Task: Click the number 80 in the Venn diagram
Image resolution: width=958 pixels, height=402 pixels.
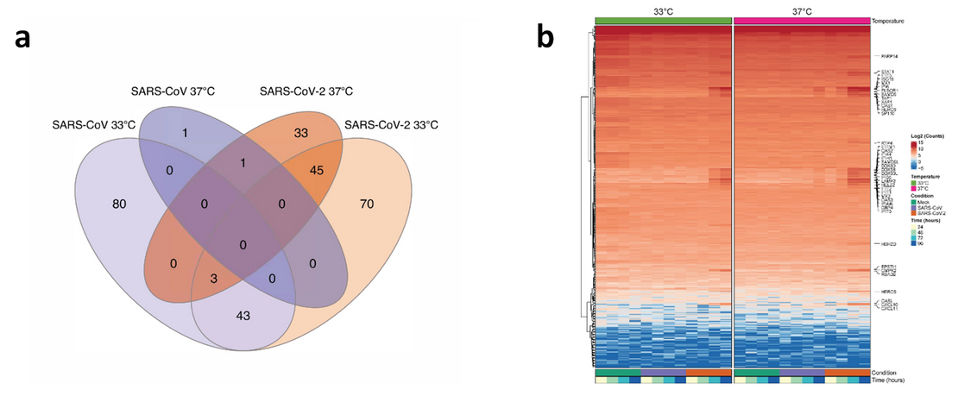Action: tap(119, 204)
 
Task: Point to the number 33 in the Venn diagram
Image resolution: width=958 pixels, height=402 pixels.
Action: tap(301, 133)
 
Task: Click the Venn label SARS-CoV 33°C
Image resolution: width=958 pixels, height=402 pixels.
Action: tap(93, 125)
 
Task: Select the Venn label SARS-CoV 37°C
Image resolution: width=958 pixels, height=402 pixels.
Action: tap(173, 91)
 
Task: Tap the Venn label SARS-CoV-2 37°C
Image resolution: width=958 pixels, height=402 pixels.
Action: tap(306, 91)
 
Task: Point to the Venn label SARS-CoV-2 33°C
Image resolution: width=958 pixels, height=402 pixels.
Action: tap(391, 125)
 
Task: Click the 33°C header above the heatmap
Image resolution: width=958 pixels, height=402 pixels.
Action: tap(663, 9)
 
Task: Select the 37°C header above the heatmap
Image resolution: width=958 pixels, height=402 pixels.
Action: tap(798, 9)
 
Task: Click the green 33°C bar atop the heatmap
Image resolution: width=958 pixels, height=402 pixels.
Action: tap(663, 20)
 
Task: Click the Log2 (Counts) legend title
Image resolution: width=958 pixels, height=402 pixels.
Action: tap(927, 136)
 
